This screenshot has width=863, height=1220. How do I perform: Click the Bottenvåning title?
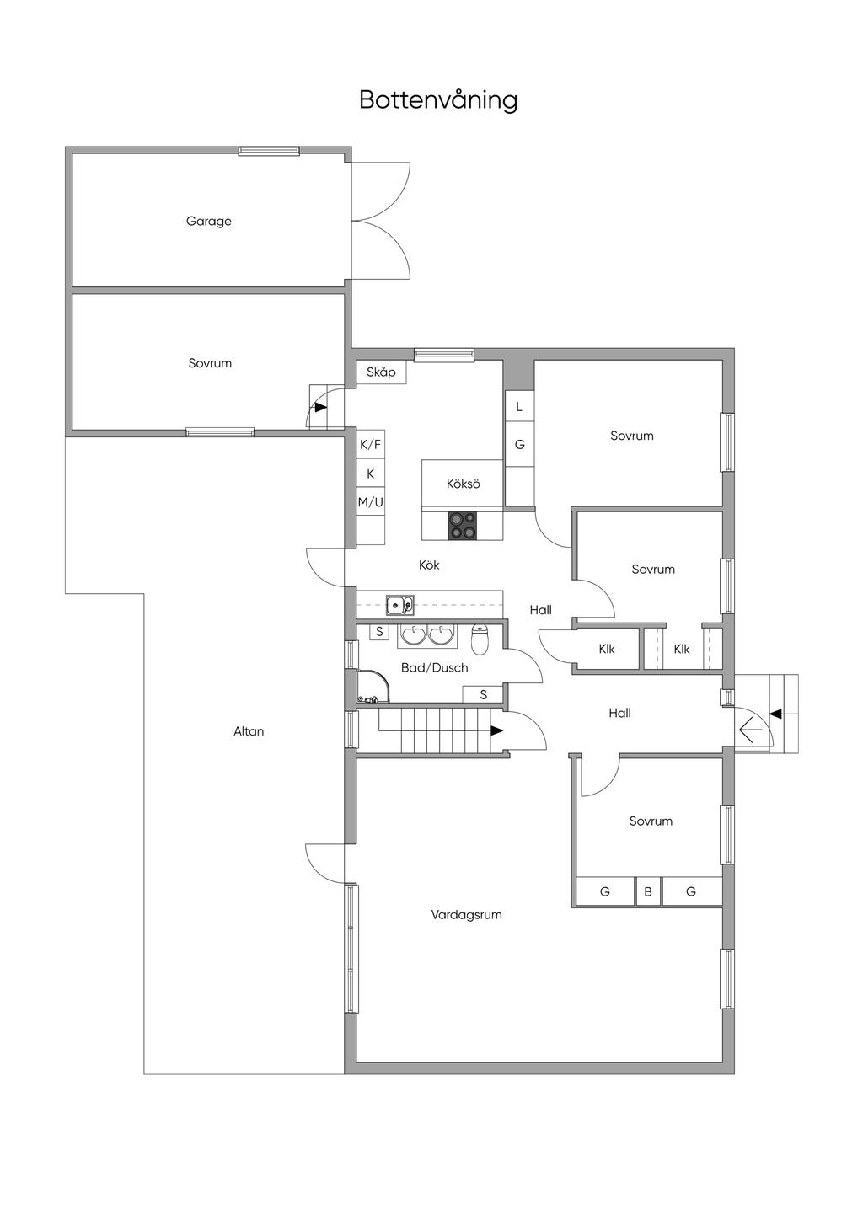(x=438, y=100)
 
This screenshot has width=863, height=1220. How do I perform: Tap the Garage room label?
(x=209, y=221)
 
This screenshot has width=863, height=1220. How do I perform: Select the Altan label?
(x=249, y=731)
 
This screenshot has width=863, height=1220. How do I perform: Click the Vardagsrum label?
(x=466, y=914)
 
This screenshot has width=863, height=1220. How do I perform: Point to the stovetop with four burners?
(x=463, y=526)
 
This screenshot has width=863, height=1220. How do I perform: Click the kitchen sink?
(x=400, y=605)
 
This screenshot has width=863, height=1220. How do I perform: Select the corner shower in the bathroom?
(x=373, y=686)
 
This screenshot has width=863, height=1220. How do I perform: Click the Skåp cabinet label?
(x=381, y=372)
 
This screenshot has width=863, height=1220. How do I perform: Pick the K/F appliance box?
(x=371, y=445)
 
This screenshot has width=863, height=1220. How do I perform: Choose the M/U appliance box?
(x=371, y=502)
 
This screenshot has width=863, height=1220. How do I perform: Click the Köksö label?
(x=463, y=484)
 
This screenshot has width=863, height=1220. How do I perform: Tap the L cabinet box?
(x=519, y=406)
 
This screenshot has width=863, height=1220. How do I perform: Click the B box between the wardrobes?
(x=648, y=891)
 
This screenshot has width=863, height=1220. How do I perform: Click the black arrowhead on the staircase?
(x=496, y=730)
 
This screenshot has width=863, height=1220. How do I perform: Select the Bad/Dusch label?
(x=434, y=667)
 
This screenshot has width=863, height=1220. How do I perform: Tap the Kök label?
(x=429, y=565)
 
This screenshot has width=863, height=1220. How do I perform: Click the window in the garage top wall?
(x=269, y=151)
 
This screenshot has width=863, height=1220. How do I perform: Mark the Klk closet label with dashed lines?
(x=682, y=649)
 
